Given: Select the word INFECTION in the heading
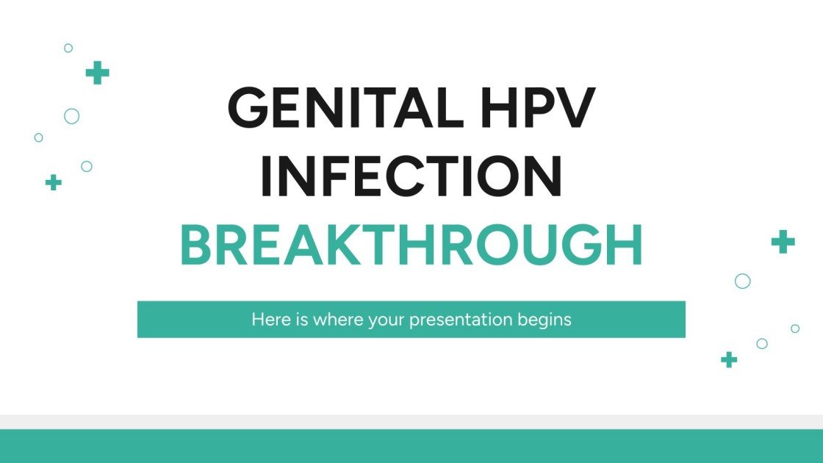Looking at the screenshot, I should [412, 177].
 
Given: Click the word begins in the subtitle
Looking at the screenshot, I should [545, 320].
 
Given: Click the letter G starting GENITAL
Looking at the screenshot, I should [250, 110].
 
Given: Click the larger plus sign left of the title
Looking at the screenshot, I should [97, 72].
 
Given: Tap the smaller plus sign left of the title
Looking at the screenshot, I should [53, 182].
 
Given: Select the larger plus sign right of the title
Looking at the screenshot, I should [783, 241].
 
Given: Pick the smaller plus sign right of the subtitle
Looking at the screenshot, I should [728, 359].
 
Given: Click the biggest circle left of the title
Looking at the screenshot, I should [71, 116].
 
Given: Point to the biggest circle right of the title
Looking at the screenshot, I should [743, 281].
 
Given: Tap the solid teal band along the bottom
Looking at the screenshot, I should [412, 446].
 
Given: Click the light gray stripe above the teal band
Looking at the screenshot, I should [412, 422].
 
